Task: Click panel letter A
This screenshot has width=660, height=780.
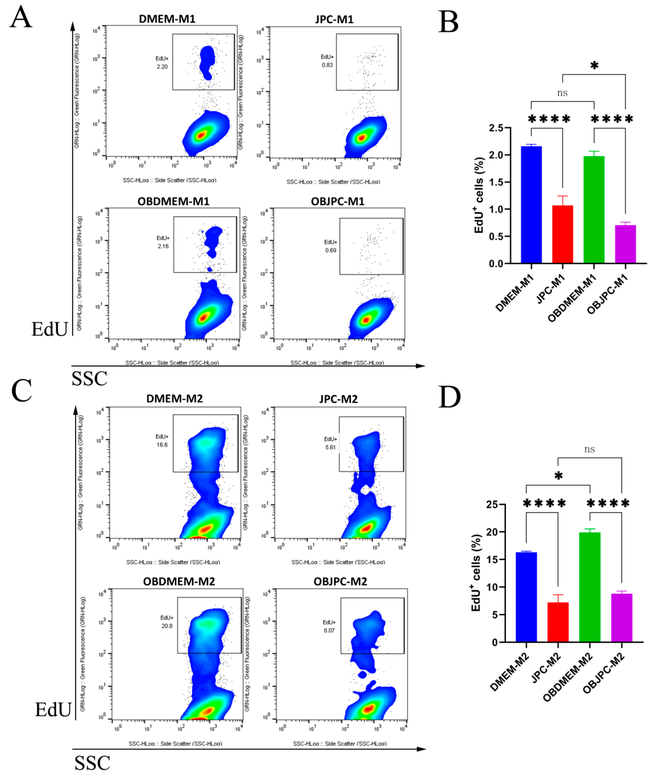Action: point(21,17)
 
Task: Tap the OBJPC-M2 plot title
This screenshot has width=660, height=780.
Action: point(340,582)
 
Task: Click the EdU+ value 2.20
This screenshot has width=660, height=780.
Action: point(162,67)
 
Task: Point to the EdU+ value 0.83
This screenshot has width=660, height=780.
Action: point(327,65)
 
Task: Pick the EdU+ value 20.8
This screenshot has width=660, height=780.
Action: point(167,626)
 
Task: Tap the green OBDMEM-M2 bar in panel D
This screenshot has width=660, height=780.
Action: point(590,587)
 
